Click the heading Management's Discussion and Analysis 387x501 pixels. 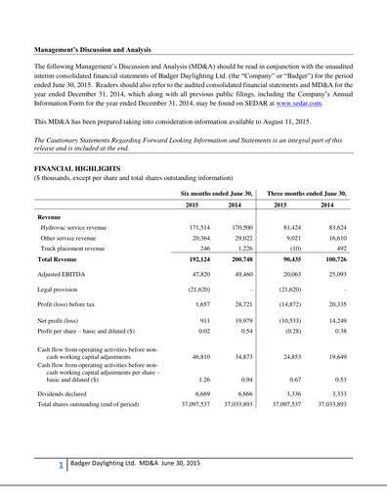(105, 46)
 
